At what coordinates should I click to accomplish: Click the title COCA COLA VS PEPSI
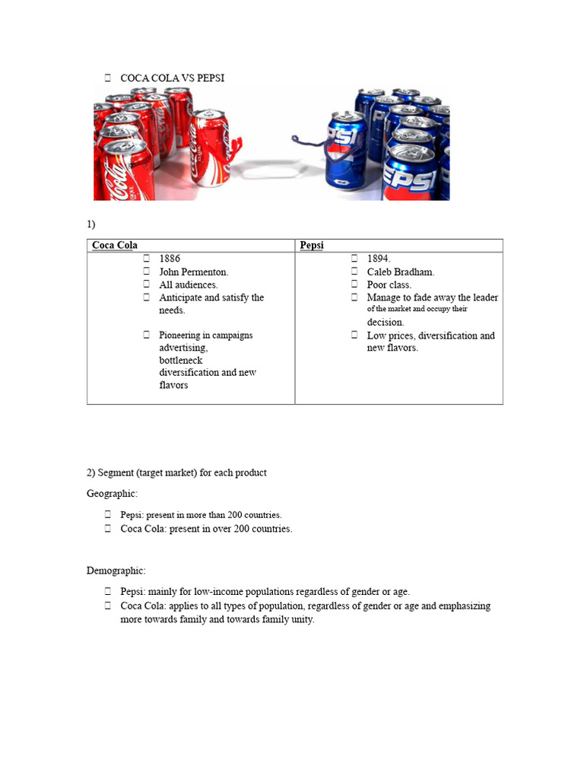[172, 78]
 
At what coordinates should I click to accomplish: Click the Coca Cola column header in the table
[115, 245]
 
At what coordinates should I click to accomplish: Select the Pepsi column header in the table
[312, 245]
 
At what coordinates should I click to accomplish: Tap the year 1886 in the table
[170, 259]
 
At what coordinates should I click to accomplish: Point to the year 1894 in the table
[379, 259]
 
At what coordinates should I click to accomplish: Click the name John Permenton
[193, 272]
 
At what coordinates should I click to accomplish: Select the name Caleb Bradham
[400, 272]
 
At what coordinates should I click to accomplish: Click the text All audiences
[188, 285]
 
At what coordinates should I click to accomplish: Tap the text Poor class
[389, 285]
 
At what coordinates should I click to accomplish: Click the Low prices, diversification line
[430, 335]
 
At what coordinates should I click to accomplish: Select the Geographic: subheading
[112, 494]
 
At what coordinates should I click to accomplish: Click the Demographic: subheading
[116, 570]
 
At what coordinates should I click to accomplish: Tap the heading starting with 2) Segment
[176, 472]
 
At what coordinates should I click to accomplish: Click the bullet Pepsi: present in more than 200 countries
[201, 515]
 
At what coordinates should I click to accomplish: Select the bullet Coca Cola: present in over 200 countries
[206, 529]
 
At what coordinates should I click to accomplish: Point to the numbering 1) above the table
[91, 224]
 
